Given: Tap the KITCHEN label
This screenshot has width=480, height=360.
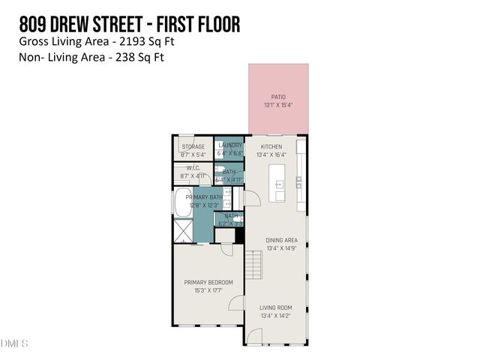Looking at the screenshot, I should [x=271, y=146].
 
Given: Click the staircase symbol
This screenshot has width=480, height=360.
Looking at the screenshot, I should [x=254, y=264].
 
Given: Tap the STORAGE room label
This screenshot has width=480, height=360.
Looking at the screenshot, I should [x=193, y=147].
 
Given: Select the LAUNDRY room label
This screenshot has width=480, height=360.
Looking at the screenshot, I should [x=229, y=145].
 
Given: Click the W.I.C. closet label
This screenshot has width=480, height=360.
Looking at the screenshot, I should [x=192, y=169].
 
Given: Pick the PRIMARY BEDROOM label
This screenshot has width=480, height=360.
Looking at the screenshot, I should [x=208, y=282].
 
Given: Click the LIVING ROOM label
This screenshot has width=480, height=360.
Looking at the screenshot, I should [x=275, y=307].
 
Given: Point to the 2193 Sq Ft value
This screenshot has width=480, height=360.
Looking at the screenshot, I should [x=151, y=41].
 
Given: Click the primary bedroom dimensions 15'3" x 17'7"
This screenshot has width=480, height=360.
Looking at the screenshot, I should [x=208, y=290].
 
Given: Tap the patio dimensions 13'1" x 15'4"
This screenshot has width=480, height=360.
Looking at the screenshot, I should [x=277, y=105].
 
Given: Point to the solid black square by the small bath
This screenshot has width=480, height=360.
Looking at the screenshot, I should [x=240, y=235].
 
